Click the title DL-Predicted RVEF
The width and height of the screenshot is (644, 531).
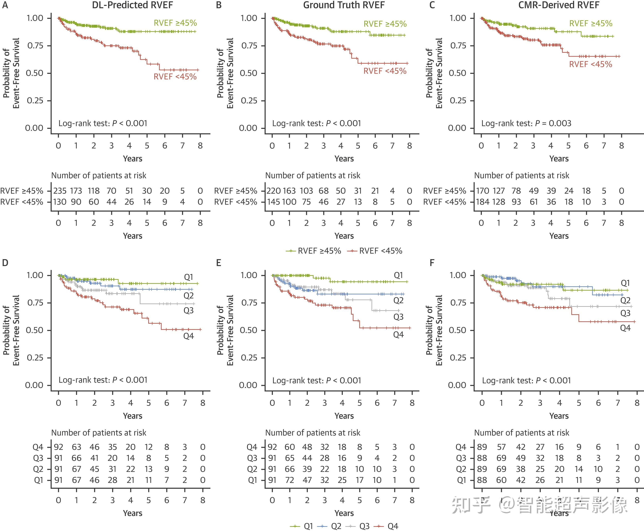point(132,5)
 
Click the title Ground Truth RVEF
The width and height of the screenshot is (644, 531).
point(344,5)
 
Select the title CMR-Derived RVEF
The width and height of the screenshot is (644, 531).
point(559,5)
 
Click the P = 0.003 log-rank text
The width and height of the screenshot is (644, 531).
point(526,123)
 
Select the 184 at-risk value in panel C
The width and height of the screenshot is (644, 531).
point(483,202)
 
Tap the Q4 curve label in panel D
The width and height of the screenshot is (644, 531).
point(189,336)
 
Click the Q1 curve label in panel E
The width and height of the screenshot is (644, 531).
point(398,275)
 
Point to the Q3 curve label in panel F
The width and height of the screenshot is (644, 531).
point(625,313)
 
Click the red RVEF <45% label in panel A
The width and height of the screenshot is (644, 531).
point(175,77)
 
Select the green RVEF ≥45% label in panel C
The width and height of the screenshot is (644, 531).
point(591,24)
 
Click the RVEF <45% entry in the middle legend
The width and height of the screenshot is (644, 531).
point(381,251)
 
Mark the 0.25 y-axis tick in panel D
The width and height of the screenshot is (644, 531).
point(35,357)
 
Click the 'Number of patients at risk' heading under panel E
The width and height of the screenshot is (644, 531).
point(313,432)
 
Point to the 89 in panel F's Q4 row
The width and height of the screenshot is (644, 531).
point(482,447)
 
